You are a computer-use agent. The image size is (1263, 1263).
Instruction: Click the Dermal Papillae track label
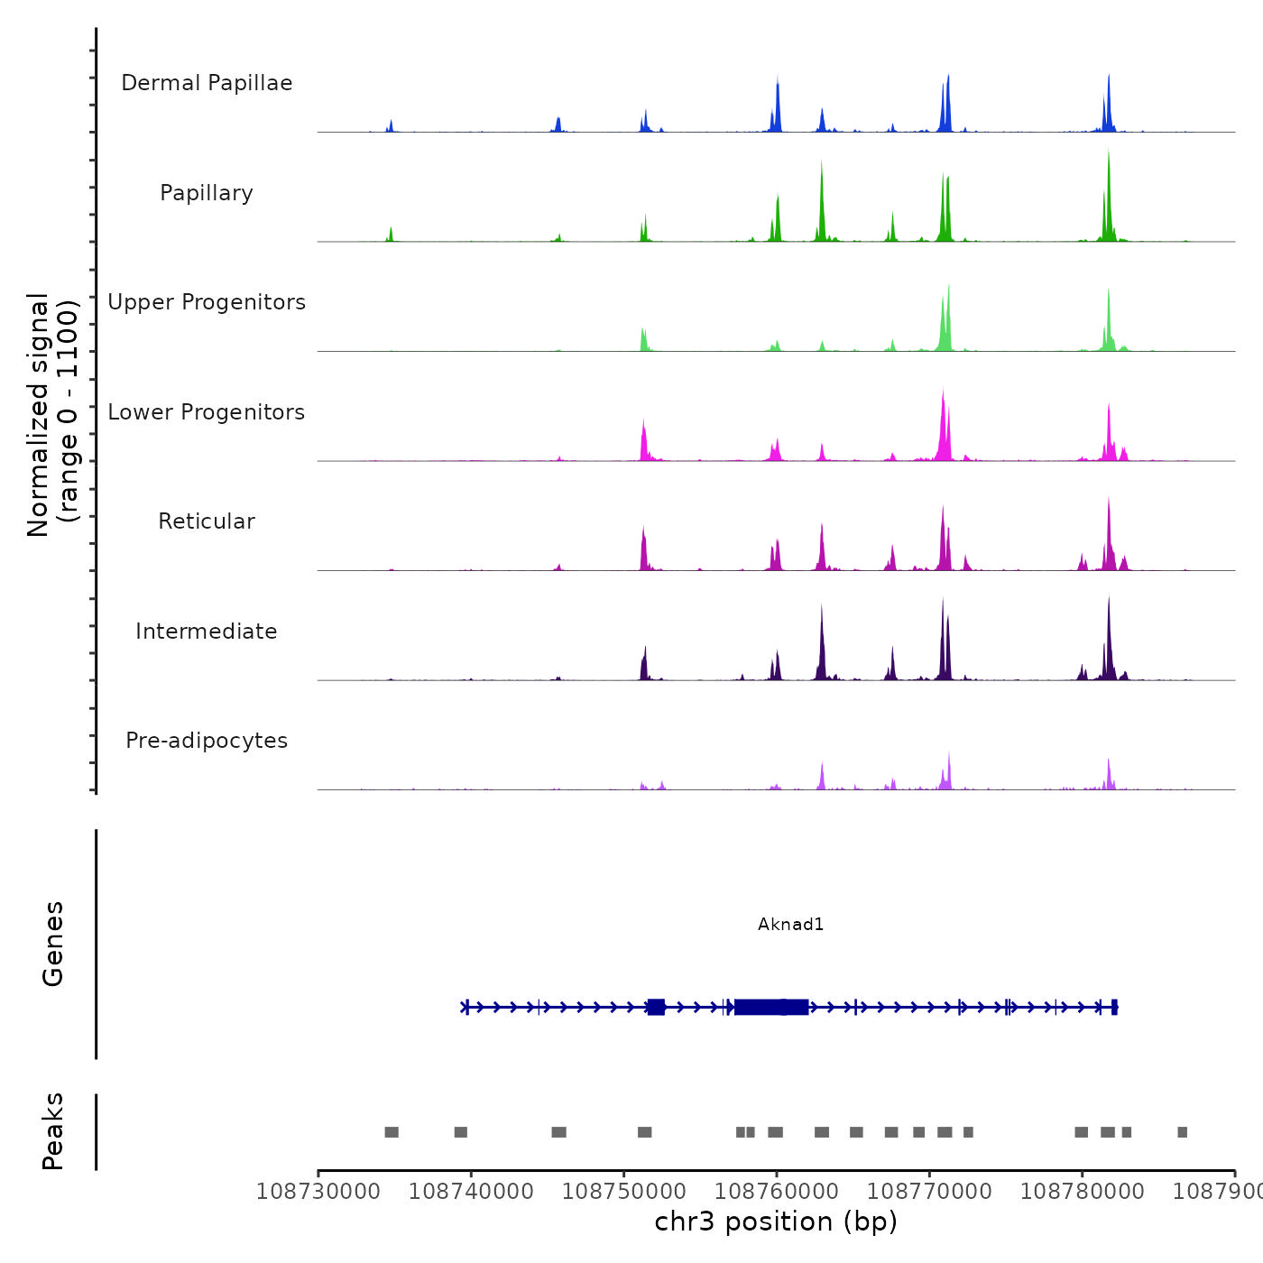(x=207, y=83)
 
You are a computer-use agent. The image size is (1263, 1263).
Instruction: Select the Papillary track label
(x=207, y=193)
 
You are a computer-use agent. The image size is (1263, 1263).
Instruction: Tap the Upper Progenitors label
(x=207, y=302)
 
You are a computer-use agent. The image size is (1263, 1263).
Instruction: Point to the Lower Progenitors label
(x=207, y=412)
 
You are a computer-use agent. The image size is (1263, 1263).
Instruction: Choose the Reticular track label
(x=207, y=521)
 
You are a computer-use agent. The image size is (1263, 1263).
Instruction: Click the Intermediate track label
(x=207, y=631)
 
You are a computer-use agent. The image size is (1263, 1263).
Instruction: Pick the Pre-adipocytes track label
(x=207, y=741)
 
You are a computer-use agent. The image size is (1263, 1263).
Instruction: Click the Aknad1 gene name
(x=790, y=924)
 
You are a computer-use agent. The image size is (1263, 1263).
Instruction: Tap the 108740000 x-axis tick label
(x=471, y=1191)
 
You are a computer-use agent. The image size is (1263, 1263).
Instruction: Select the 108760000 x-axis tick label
(x=777, y=1191)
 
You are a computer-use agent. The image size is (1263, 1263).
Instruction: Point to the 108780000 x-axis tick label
(x=1082, y=1191)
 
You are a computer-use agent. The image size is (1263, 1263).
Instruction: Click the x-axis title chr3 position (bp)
(x=776, y=1222)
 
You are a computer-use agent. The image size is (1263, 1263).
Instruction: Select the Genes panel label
(x=52, y=944)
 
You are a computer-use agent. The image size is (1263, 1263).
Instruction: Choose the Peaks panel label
(x=52, y=1131)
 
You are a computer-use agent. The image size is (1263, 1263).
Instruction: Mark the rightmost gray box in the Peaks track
(x=1182, y=1132)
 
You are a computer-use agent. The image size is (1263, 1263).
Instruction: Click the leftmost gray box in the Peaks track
(x=392, y=1132)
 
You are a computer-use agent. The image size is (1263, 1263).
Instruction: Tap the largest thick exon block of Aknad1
(x=771, y=1007)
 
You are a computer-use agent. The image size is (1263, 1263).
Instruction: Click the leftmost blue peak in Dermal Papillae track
(x=391, y=125)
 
